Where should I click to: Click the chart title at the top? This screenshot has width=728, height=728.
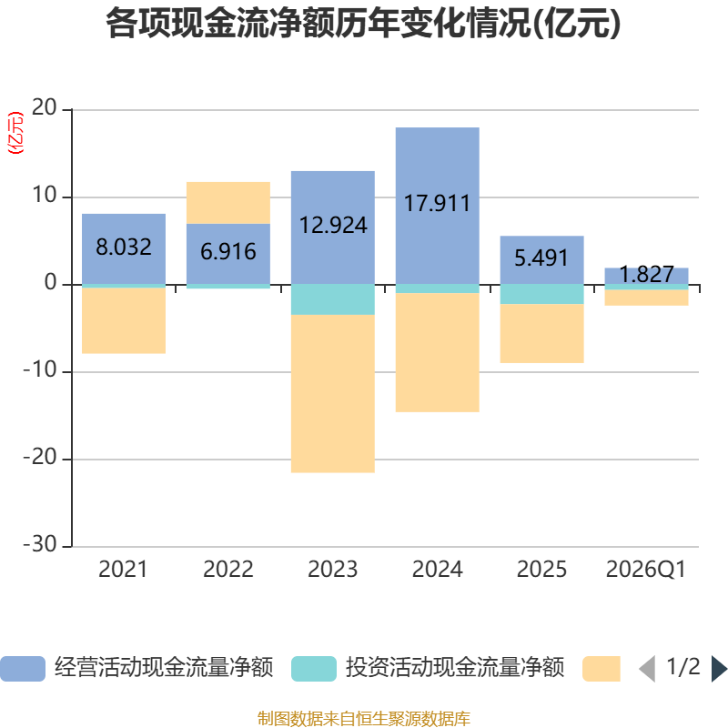coord(363,24)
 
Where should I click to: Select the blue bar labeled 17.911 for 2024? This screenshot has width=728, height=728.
coord(438,206)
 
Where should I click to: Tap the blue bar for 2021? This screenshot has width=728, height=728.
coord(124,248)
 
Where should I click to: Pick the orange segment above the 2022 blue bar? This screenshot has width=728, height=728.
coord(228,203)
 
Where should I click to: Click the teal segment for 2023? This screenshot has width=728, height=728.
coord(333,299)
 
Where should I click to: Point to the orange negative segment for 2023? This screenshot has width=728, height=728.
coord(333,394)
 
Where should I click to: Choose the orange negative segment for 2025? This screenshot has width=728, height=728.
coord(541,333)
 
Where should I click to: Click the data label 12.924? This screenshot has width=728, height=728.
coord(333,226)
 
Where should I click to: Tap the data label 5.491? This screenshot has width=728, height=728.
coord(541,258)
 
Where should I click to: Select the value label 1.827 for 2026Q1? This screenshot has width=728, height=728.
coord(646,275)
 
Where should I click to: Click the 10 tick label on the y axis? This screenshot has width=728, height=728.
coord(44,196)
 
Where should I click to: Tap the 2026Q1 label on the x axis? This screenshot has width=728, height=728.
coord(646,570)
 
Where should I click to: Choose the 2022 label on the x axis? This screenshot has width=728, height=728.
coord(228,570)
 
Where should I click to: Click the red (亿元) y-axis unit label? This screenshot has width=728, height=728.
coord(15,133)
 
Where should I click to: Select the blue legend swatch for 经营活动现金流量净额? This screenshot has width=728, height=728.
coord(23,669)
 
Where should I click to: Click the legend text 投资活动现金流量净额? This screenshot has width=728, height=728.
coord(454,668)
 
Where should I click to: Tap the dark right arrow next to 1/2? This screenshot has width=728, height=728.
coord(719,669)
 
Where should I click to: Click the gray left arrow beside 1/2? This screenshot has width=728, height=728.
coord(647,669)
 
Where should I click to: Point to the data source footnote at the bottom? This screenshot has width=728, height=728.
coord(363,718)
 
